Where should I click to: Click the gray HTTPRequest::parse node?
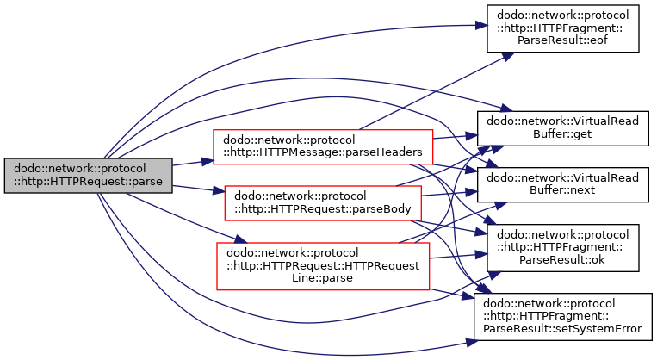(x=88, y=176)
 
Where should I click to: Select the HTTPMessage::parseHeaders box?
(x=323, y=146)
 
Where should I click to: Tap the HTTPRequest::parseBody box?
(x=323, y=203)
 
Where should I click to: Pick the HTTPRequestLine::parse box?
(x=323, y=266)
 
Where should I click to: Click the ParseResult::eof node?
(x=563, y=28)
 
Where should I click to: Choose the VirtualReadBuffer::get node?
(x=563, y=128)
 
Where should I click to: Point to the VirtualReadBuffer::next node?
(x=563, y=184)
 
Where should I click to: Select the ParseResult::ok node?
(x=563, y=248)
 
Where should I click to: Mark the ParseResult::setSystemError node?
(x=563, y=316)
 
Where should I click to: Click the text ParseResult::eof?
(x=562, y=40)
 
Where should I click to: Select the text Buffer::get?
(x=562, y=134)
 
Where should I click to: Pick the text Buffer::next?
(x=562, y=190)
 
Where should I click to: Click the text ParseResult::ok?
(x=562, y=260)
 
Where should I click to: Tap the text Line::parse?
(x=322, y=278)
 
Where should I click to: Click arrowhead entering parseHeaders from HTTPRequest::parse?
(x=208, y=161)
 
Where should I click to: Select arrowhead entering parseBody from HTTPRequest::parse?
(x=219, y=191)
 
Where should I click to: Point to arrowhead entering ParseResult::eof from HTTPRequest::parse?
(x=481, y=26)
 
